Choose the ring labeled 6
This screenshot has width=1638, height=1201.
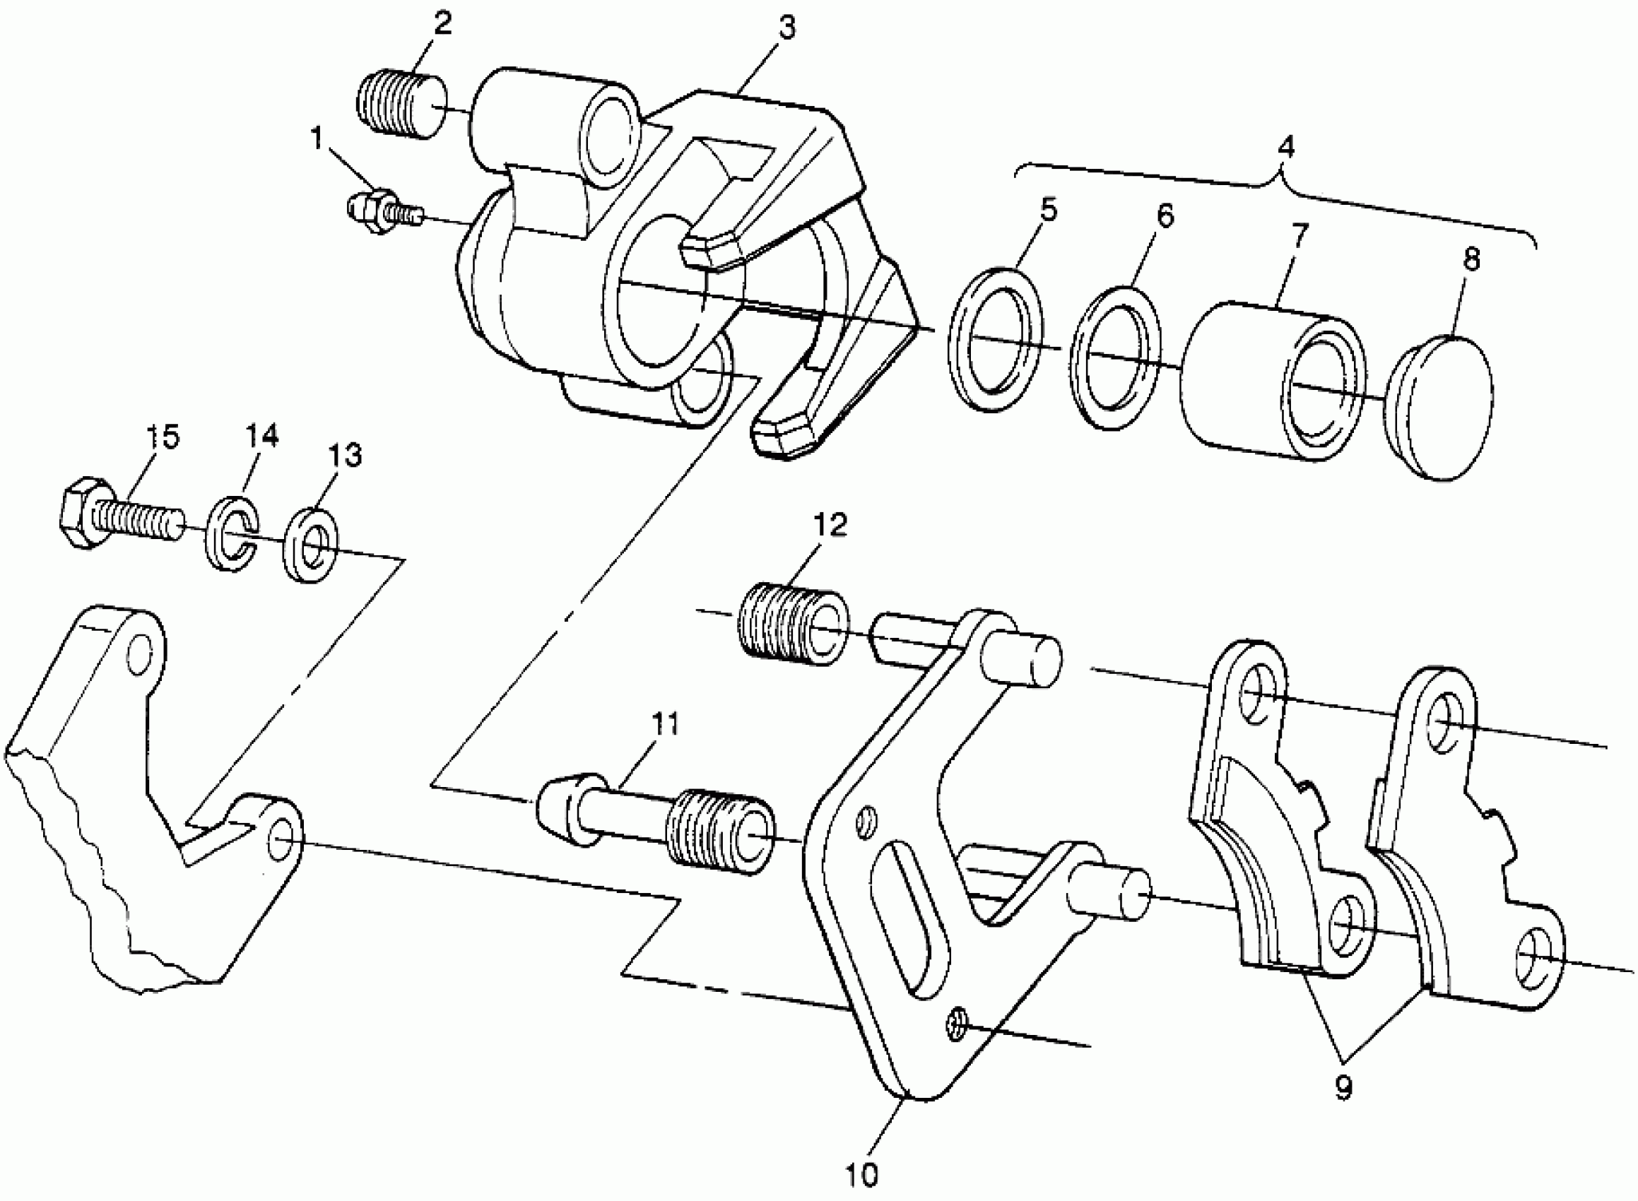[1116, 357]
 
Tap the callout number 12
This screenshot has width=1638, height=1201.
[830, 526]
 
